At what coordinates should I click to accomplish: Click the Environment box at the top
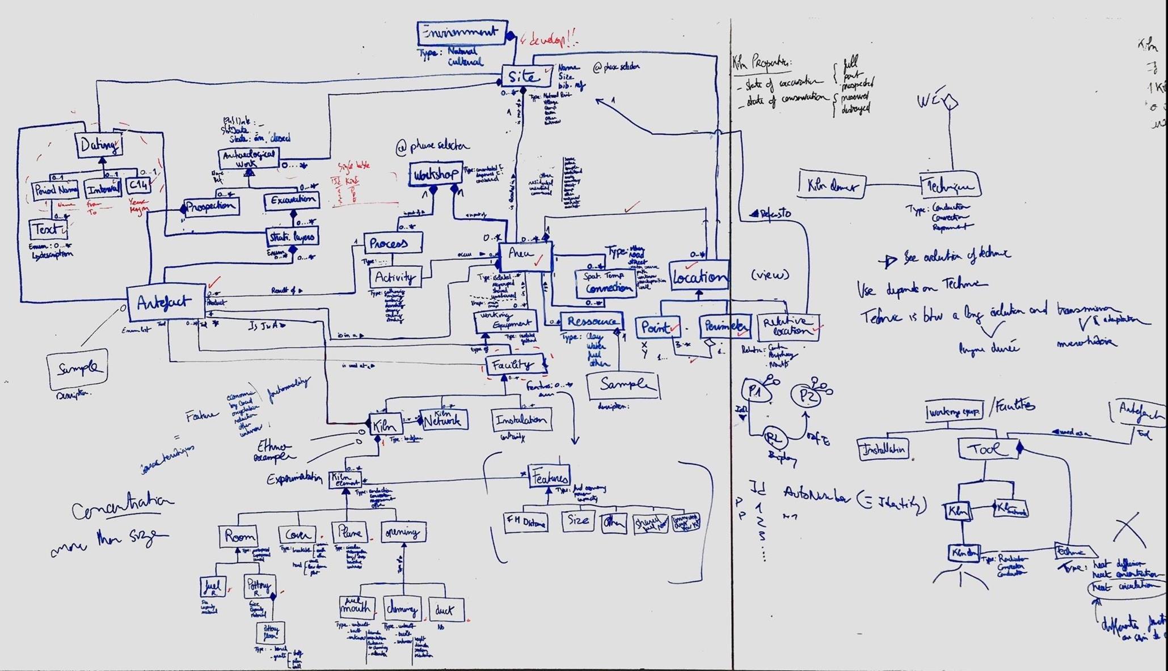461,33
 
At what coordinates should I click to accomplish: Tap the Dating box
99,145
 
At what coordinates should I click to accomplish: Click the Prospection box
211,206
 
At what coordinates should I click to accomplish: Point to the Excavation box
292,201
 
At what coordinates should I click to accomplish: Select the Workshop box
435,174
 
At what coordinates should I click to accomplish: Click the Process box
393,243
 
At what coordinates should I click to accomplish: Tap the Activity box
395,278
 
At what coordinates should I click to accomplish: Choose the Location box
699,277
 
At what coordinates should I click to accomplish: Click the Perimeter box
724,326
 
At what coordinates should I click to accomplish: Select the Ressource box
592,321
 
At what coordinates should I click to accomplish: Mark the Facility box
514,365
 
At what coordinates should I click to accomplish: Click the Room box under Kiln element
238,536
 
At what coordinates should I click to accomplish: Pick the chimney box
402,609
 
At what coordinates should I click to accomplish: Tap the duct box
446,610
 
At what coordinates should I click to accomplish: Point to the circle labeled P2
807,396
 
